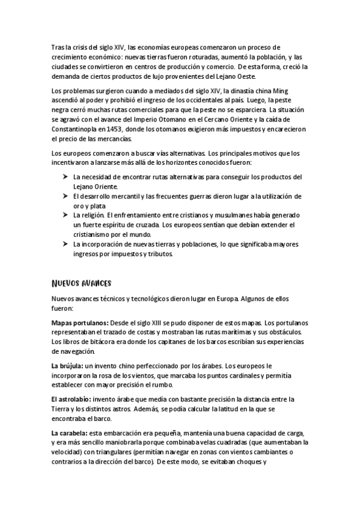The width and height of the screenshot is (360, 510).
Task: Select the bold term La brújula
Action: pyautogui.click(x=67, y=366)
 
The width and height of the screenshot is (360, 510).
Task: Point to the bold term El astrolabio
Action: pyautogui.click(x=71, y=399)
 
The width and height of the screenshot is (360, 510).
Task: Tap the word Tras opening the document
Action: pyautogui.click(x=59, y=48)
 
